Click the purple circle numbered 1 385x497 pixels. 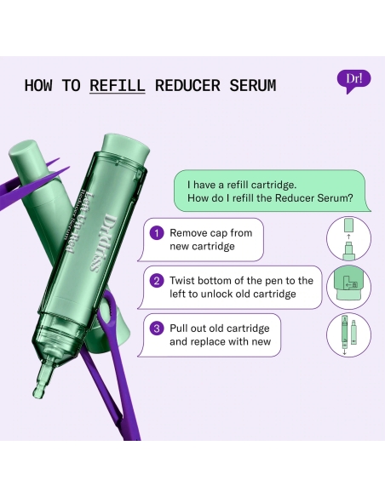[156, 232]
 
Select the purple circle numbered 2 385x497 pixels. [156, 281]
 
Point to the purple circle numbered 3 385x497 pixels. [156, 328]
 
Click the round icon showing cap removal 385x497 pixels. [348, 239]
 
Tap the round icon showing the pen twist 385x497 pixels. [348, 287]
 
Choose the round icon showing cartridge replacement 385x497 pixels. [348, 335]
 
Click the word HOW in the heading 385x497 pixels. [39, 86]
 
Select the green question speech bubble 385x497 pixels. [273, 191]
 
